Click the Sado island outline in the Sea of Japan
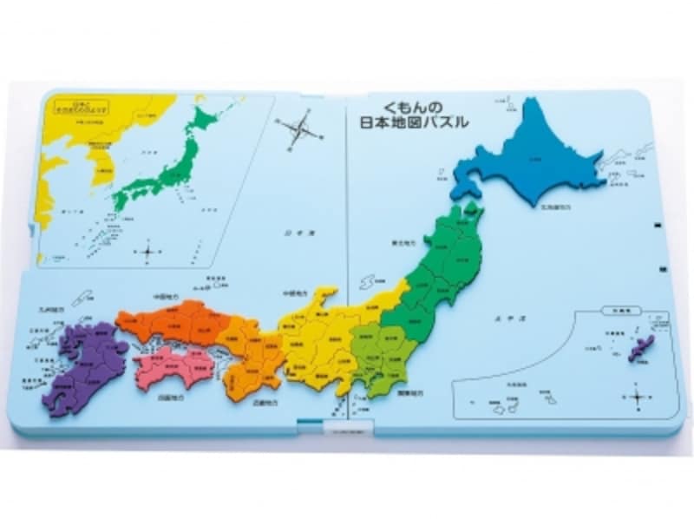pos(369,283)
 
